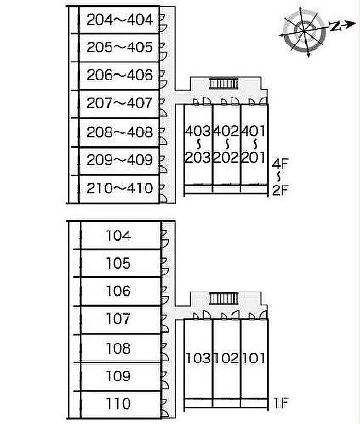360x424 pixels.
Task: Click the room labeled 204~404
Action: [120, 20]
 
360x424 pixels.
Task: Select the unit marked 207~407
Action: [120, 104]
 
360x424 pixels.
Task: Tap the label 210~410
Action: [120, 188]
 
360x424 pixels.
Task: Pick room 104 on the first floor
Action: [118, 236]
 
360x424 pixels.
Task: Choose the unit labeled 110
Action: [118, 403]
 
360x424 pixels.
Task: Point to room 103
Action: [198, 358]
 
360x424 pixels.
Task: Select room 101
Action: [254, 358]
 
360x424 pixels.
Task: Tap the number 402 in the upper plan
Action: [226, 131]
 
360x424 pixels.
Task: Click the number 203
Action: [198, 158]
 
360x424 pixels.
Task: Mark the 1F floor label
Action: [280, 404]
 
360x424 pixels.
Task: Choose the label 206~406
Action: [120, 76]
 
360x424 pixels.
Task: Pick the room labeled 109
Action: [118, 376]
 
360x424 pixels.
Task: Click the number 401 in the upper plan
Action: [254, 131]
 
